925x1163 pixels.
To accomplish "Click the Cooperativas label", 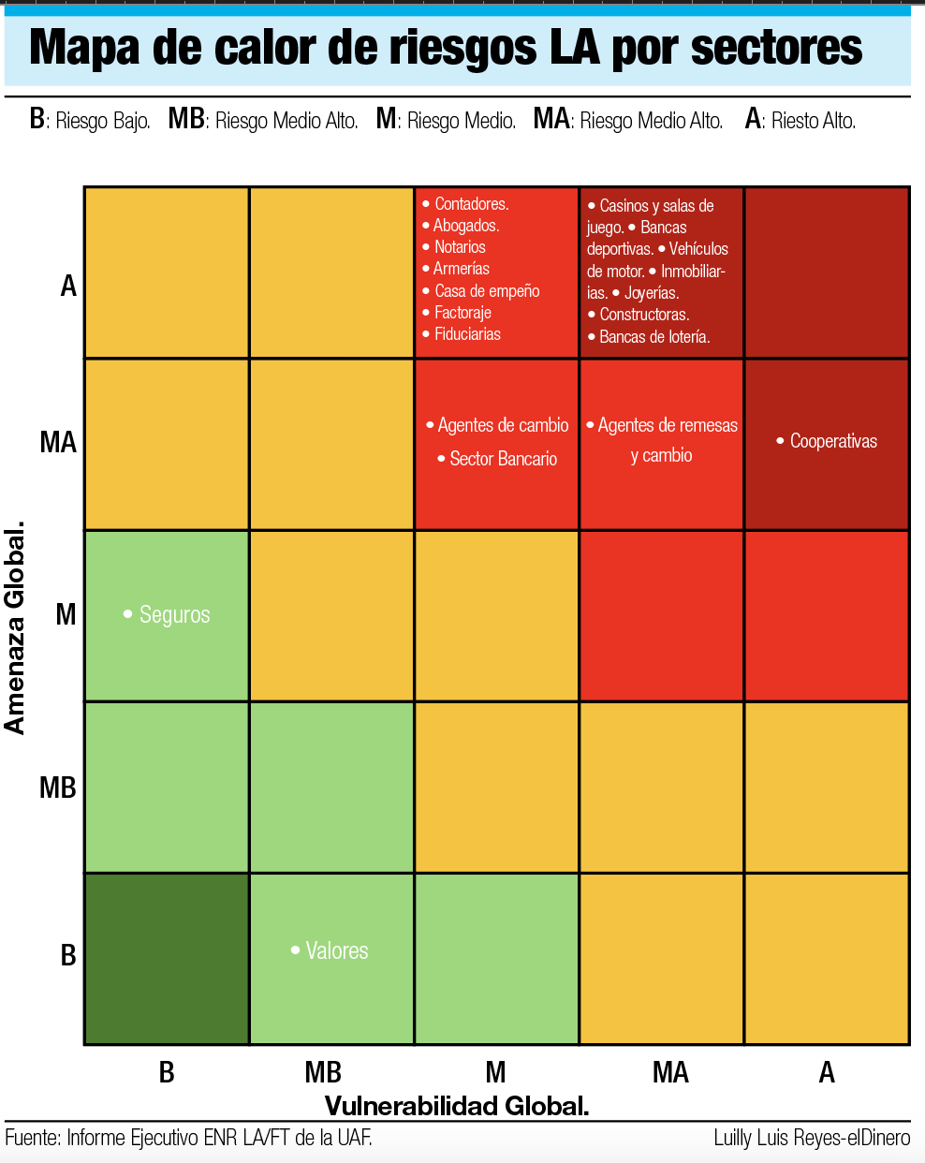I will click(x=832, y=441).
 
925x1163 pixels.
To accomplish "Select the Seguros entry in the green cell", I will click(x=174, y=614).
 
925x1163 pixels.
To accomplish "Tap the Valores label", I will click(x=336, y=950).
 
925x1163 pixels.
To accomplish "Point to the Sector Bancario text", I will click(x=503, y=459).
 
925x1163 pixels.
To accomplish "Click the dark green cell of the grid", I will click(x=167, y=959).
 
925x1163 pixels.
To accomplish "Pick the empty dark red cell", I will click(x=827, y=272).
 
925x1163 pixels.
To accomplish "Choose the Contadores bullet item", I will click(x=471, y=204).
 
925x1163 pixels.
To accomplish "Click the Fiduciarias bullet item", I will click(x=466, y=334).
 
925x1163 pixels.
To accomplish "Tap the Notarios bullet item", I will click(x=459, y=247).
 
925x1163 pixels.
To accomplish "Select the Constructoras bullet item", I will click(x=643, y=315).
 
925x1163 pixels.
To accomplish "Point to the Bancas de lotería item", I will click(x=653, y=337).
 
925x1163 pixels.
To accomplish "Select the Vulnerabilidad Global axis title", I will click(x=457, y=1106).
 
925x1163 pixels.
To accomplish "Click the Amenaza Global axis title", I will click(x=15, y=628).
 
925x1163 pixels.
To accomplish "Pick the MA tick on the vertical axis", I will click(x=58, y=442).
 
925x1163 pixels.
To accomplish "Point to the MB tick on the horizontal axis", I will click(x=323, y=1072).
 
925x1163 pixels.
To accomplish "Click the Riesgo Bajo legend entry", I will click(x=91, y=120).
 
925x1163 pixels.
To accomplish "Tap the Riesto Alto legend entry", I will click(x=800, y=120).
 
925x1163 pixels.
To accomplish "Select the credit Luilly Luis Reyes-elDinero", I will click(x=811, y=1138).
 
